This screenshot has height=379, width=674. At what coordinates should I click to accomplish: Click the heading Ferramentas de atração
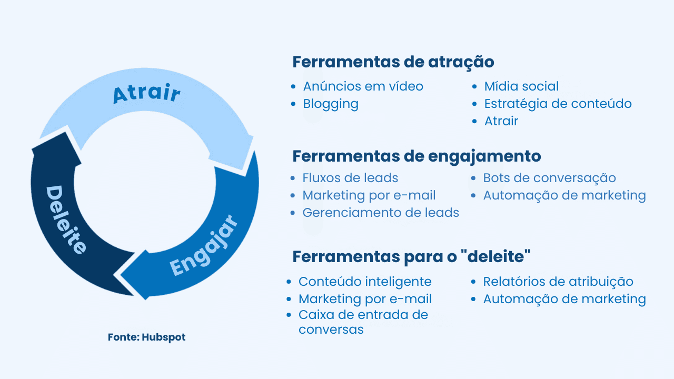393,62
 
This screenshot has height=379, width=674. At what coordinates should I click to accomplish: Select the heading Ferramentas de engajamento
417,156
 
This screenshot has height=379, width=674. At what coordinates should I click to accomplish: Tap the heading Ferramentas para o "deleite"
411,257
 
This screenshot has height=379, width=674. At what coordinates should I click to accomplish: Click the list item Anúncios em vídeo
363,86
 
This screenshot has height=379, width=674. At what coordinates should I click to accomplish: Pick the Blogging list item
331,104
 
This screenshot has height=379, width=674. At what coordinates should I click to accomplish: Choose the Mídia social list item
521,86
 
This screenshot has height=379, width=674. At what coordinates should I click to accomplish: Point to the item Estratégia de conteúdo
558,104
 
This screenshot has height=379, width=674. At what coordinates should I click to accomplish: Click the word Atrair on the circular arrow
146,93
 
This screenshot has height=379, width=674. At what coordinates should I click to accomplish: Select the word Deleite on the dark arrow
65,220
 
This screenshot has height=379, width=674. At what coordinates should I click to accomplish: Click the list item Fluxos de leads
350,178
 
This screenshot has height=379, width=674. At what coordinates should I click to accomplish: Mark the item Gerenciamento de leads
381,213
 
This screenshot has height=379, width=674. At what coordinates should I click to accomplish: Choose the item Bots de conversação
549,178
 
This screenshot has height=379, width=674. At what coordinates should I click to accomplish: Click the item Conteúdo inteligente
365,282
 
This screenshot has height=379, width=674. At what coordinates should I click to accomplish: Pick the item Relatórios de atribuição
558,282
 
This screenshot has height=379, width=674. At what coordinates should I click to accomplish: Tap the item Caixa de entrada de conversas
363,322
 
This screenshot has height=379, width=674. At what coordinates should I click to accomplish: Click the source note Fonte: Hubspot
147,337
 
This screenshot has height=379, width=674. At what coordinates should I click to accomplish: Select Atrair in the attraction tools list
501,121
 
